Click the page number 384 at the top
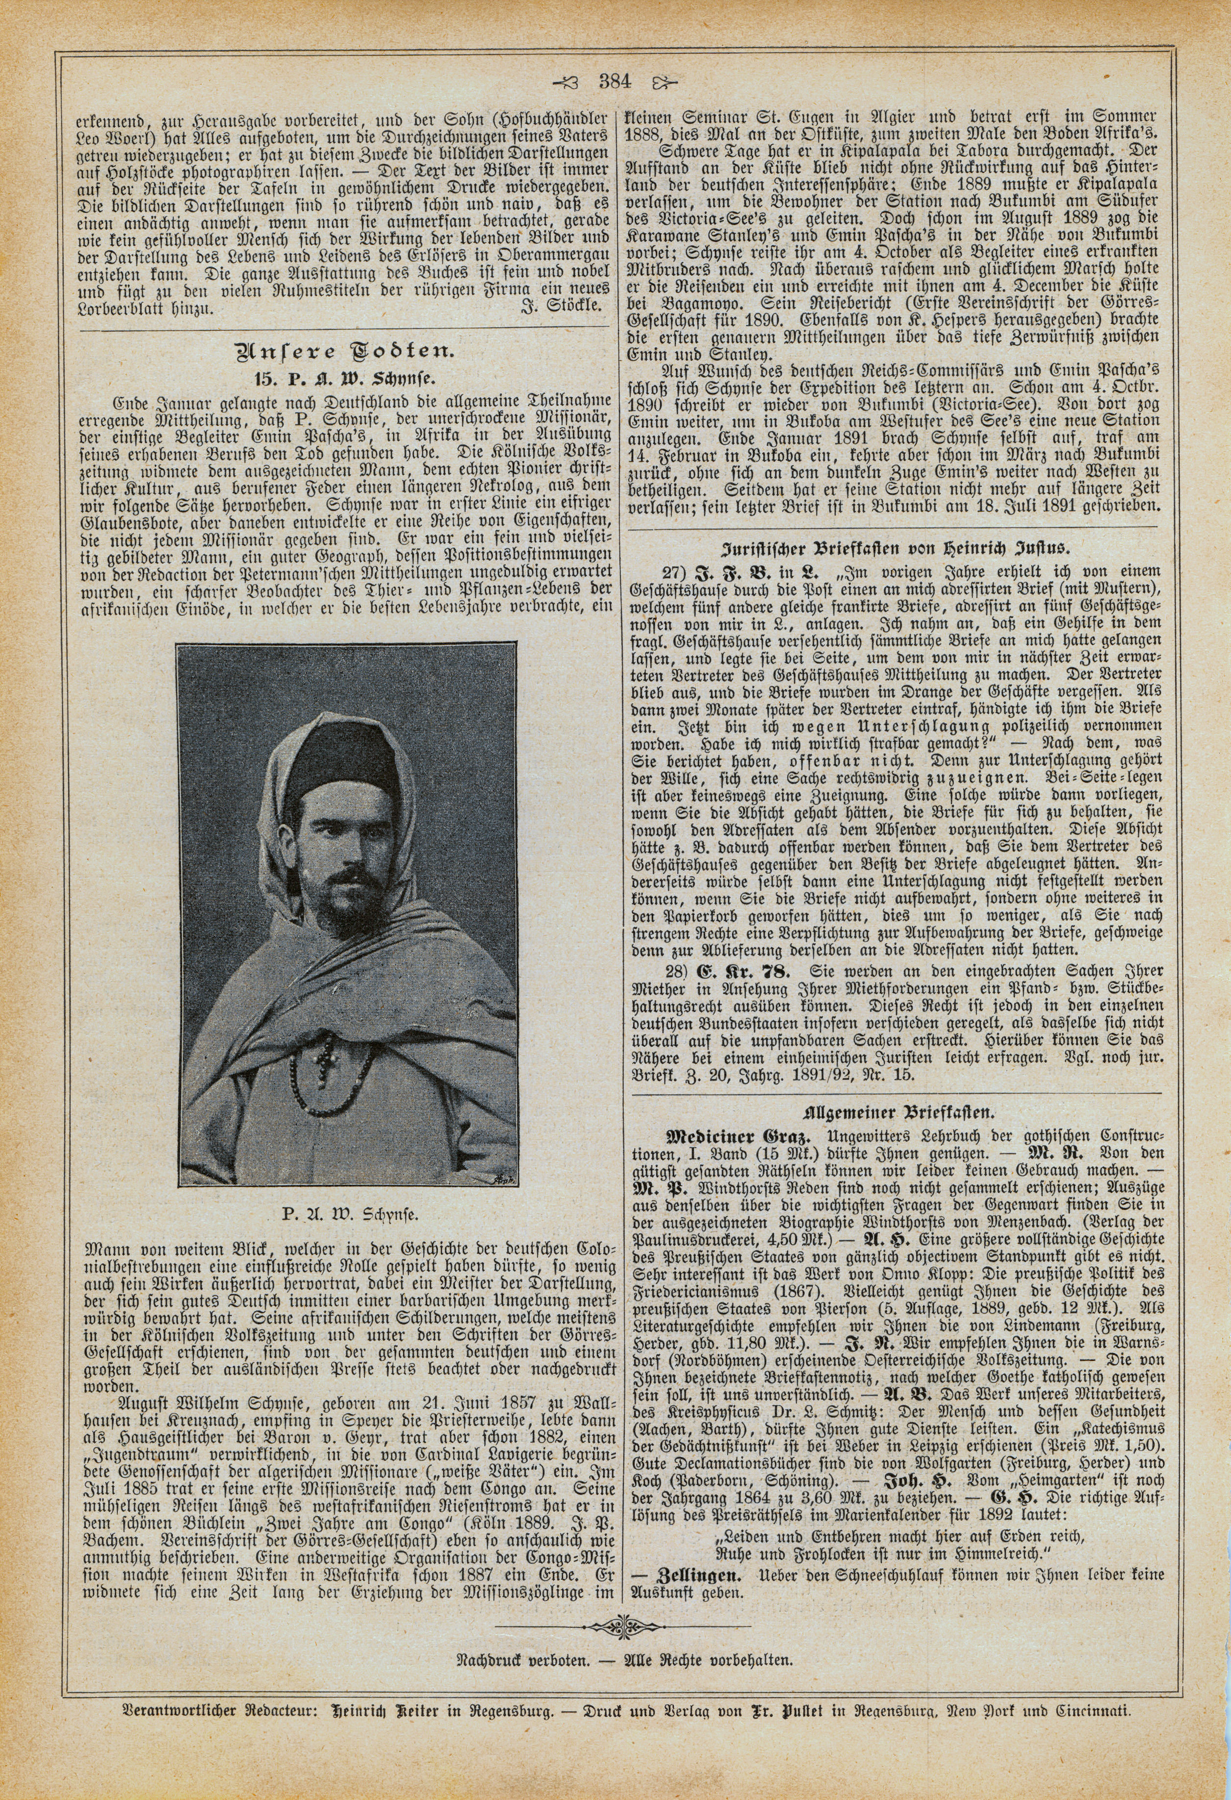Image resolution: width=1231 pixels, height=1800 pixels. coord(615,81)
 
